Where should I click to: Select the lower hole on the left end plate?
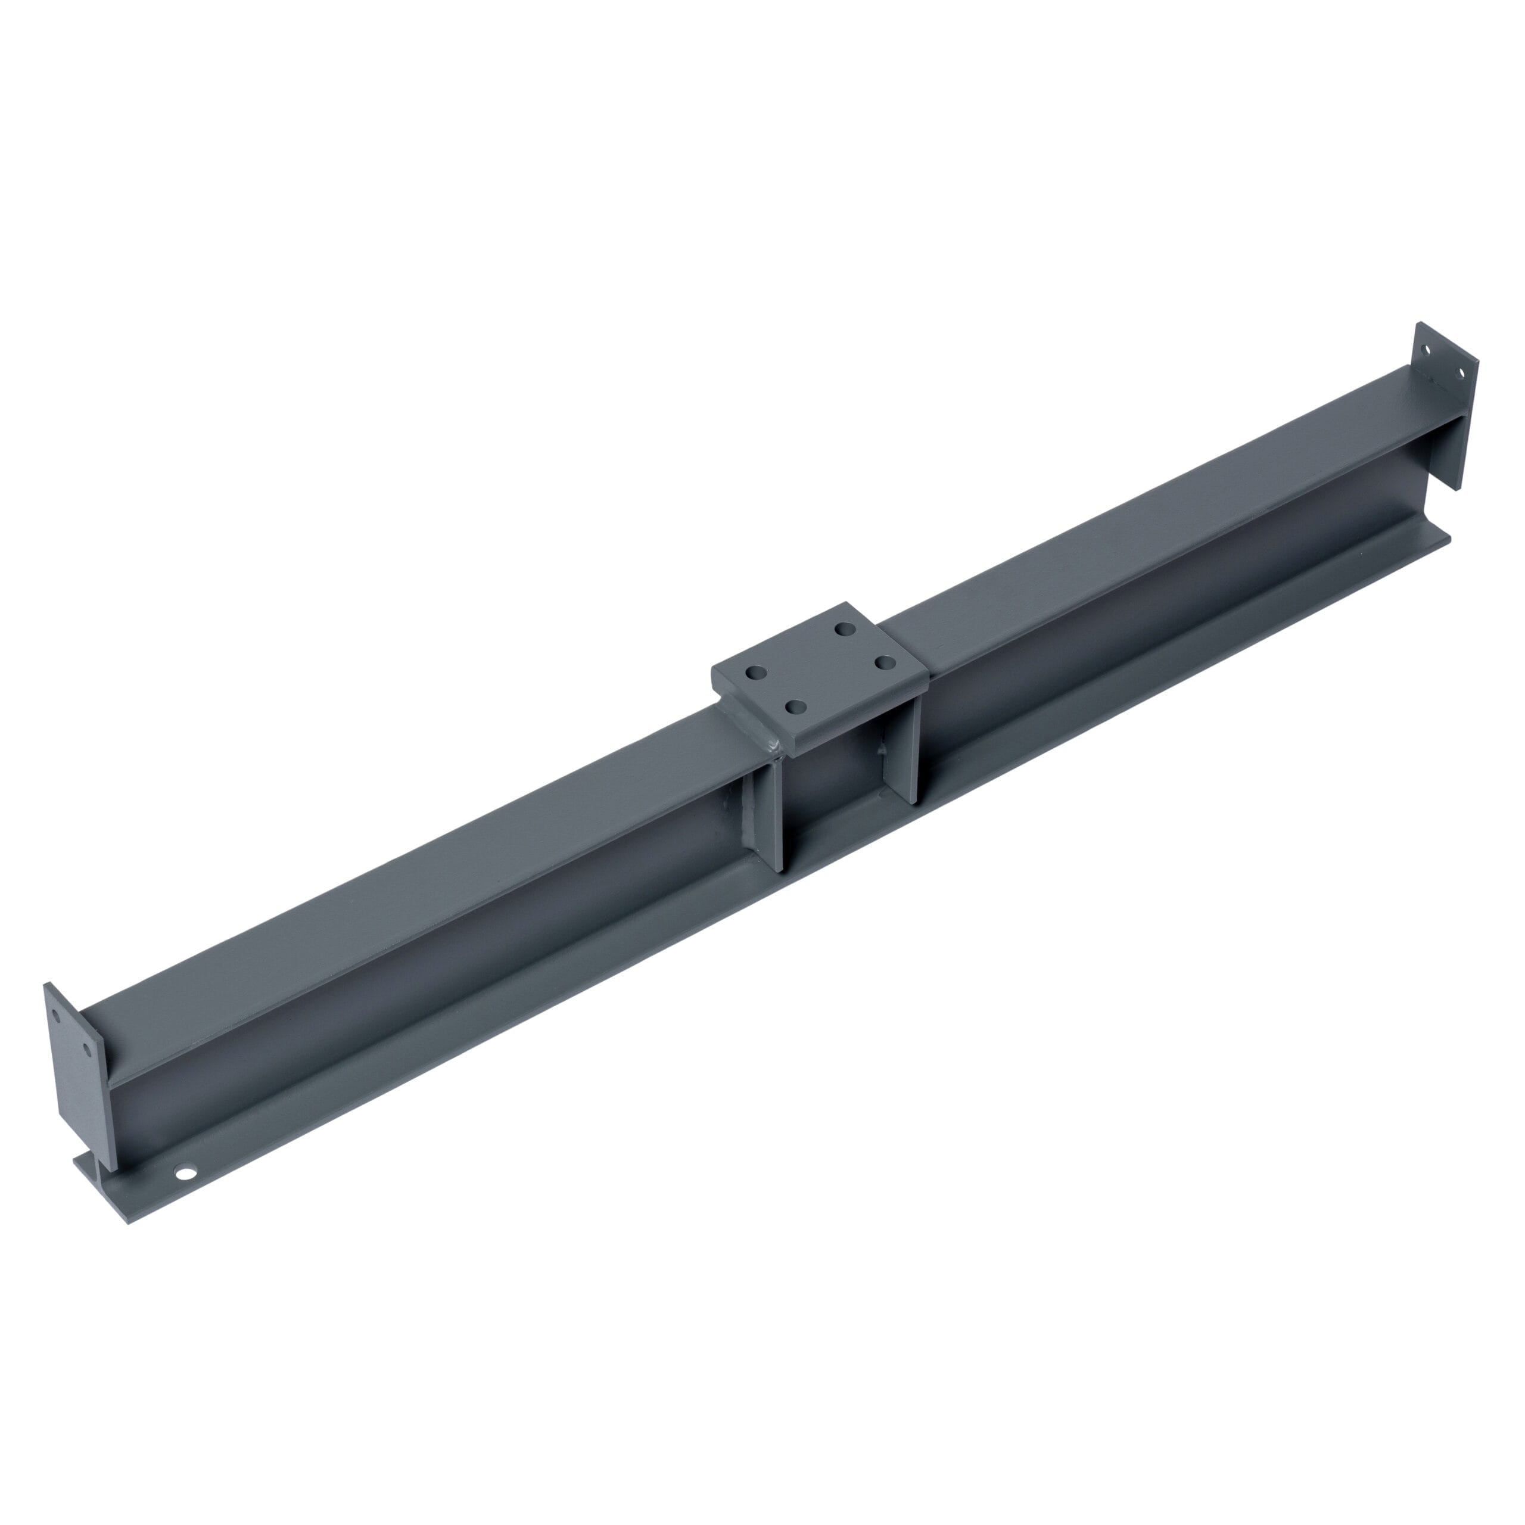pyautogui.click(x=87, y=1049)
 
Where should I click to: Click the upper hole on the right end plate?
pyautogui.click(x=1426, y=348)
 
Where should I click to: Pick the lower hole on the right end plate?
pyautogui.click(x=1459, y=372)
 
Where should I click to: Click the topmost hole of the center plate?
pyautogui.click(x=845, y=629)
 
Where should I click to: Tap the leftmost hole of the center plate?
pyautogui.click(x=755, y=673)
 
